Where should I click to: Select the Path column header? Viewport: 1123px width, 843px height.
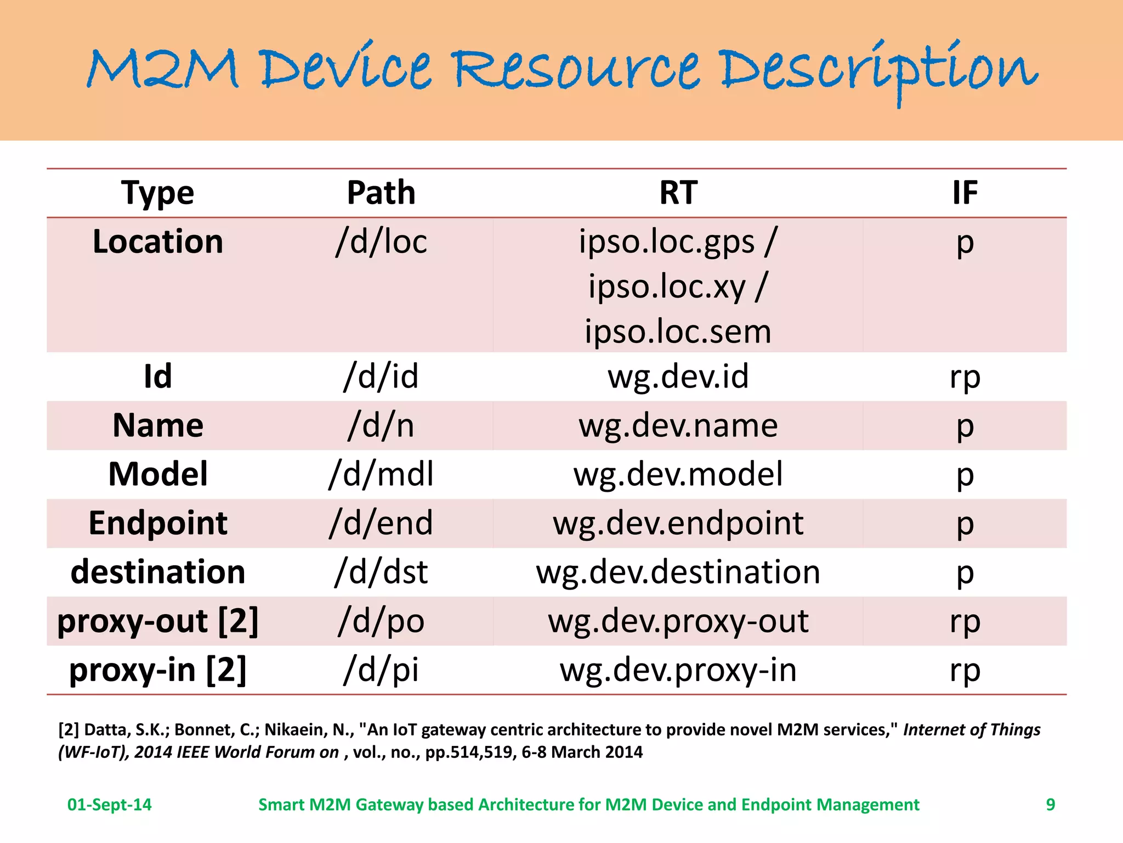tap(381, 193)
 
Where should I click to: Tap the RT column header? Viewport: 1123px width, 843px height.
tap(678, 193)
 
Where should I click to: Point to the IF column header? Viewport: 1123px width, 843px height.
tap(965, 193)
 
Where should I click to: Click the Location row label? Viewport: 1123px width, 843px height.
tap(158, 241)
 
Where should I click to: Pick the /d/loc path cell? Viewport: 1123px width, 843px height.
tap(381, 241)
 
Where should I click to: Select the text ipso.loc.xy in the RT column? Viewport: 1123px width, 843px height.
tap(667, 286)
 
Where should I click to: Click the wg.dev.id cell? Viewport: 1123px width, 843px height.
tap(678, 376)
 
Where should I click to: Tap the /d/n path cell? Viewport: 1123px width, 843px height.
tap(381, 425)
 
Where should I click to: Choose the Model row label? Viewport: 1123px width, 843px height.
tap(158, 474)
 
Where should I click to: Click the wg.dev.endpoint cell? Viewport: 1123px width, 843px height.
tap(678, 523)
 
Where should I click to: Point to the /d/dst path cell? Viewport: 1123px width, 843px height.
tap(381, 572)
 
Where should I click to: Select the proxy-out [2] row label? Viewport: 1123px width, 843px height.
tap(158, 621)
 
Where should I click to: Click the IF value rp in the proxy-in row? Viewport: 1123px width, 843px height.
tap(965, 670)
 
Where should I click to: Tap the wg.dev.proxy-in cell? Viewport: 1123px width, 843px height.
tap(678, 670)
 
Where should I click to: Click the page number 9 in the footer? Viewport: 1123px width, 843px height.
tap(1050, 804)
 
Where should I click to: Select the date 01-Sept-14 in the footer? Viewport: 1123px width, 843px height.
tap(109, 804)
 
